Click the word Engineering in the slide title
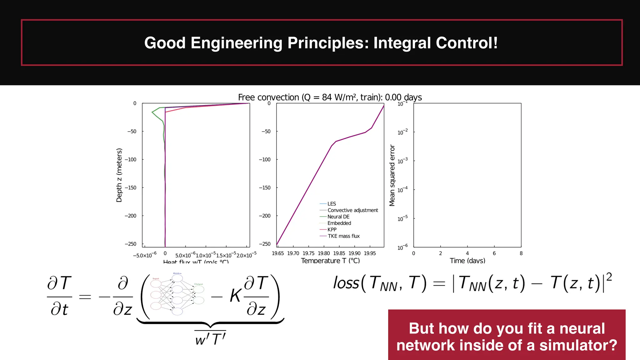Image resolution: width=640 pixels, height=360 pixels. [236, 43]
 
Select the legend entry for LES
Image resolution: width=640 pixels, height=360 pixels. [331, 204]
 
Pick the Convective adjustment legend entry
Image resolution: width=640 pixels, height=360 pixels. [352, 210]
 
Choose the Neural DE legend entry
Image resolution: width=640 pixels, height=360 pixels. [338, 217]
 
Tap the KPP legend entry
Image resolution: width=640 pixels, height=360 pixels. [332, 230]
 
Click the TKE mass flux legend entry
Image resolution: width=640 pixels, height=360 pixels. [343, 236]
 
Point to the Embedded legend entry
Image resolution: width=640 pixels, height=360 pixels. [339, 223]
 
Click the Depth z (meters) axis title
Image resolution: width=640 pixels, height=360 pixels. [119, 175]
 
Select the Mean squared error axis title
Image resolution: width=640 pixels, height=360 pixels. [392, 175]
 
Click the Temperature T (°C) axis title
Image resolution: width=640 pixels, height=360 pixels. [330, 260]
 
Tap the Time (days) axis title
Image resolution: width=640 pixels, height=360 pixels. [467, 260]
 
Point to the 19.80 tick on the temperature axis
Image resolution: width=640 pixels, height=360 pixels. [324, 253]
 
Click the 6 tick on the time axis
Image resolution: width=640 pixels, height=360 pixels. [494, 253]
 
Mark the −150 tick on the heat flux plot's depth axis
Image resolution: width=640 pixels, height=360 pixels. [131, 187]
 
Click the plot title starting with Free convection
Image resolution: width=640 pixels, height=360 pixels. [330, 97]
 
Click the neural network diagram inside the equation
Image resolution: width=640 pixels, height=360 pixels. [177, 294]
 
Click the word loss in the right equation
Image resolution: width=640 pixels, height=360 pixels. [346, 283]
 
